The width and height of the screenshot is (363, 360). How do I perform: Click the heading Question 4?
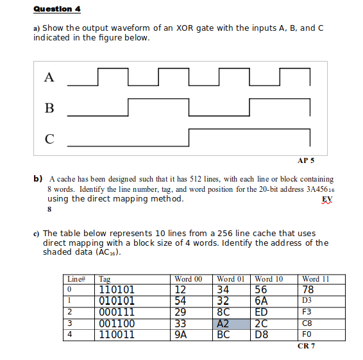57,10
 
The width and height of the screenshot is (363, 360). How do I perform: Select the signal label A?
49,78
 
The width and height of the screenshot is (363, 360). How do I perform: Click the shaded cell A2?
224,323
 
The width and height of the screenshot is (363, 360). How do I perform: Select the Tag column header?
105,279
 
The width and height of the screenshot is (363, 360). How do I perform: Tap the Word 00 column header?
188,279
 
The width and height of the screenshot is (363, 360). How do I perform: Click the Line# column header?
76,279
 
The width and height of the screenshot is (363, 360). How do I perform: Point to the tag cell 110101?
116,289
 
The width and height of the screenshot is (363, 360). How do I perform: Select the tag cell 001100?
116,323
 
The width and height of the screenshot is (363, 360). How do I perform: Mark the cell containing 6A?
261,300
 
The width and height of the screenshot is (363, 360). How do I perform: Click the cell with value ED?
262,312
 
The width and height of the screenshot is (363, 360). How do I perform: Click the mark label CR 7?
306,346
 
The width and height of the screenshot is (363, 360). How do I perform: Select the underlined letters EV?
327,199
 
